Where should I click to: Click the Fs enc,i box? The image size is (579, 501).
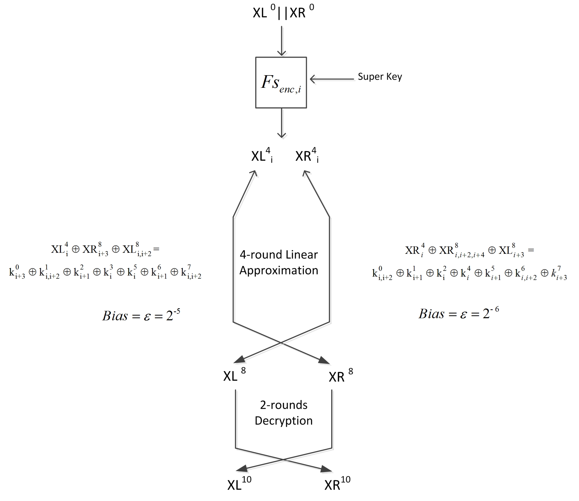[281, 82]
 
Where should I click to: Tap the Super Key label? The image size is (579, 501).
[380, 77]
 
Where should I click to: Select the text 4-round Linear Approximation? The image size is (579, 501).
[279, 262]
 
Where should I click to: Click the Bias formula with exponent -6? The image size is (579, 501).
[458, 314]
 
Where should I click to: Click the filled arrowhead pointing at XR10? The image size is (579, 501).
[326, 469]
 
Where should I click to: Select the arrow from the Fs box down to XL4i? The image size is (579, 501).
[281, 123]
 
